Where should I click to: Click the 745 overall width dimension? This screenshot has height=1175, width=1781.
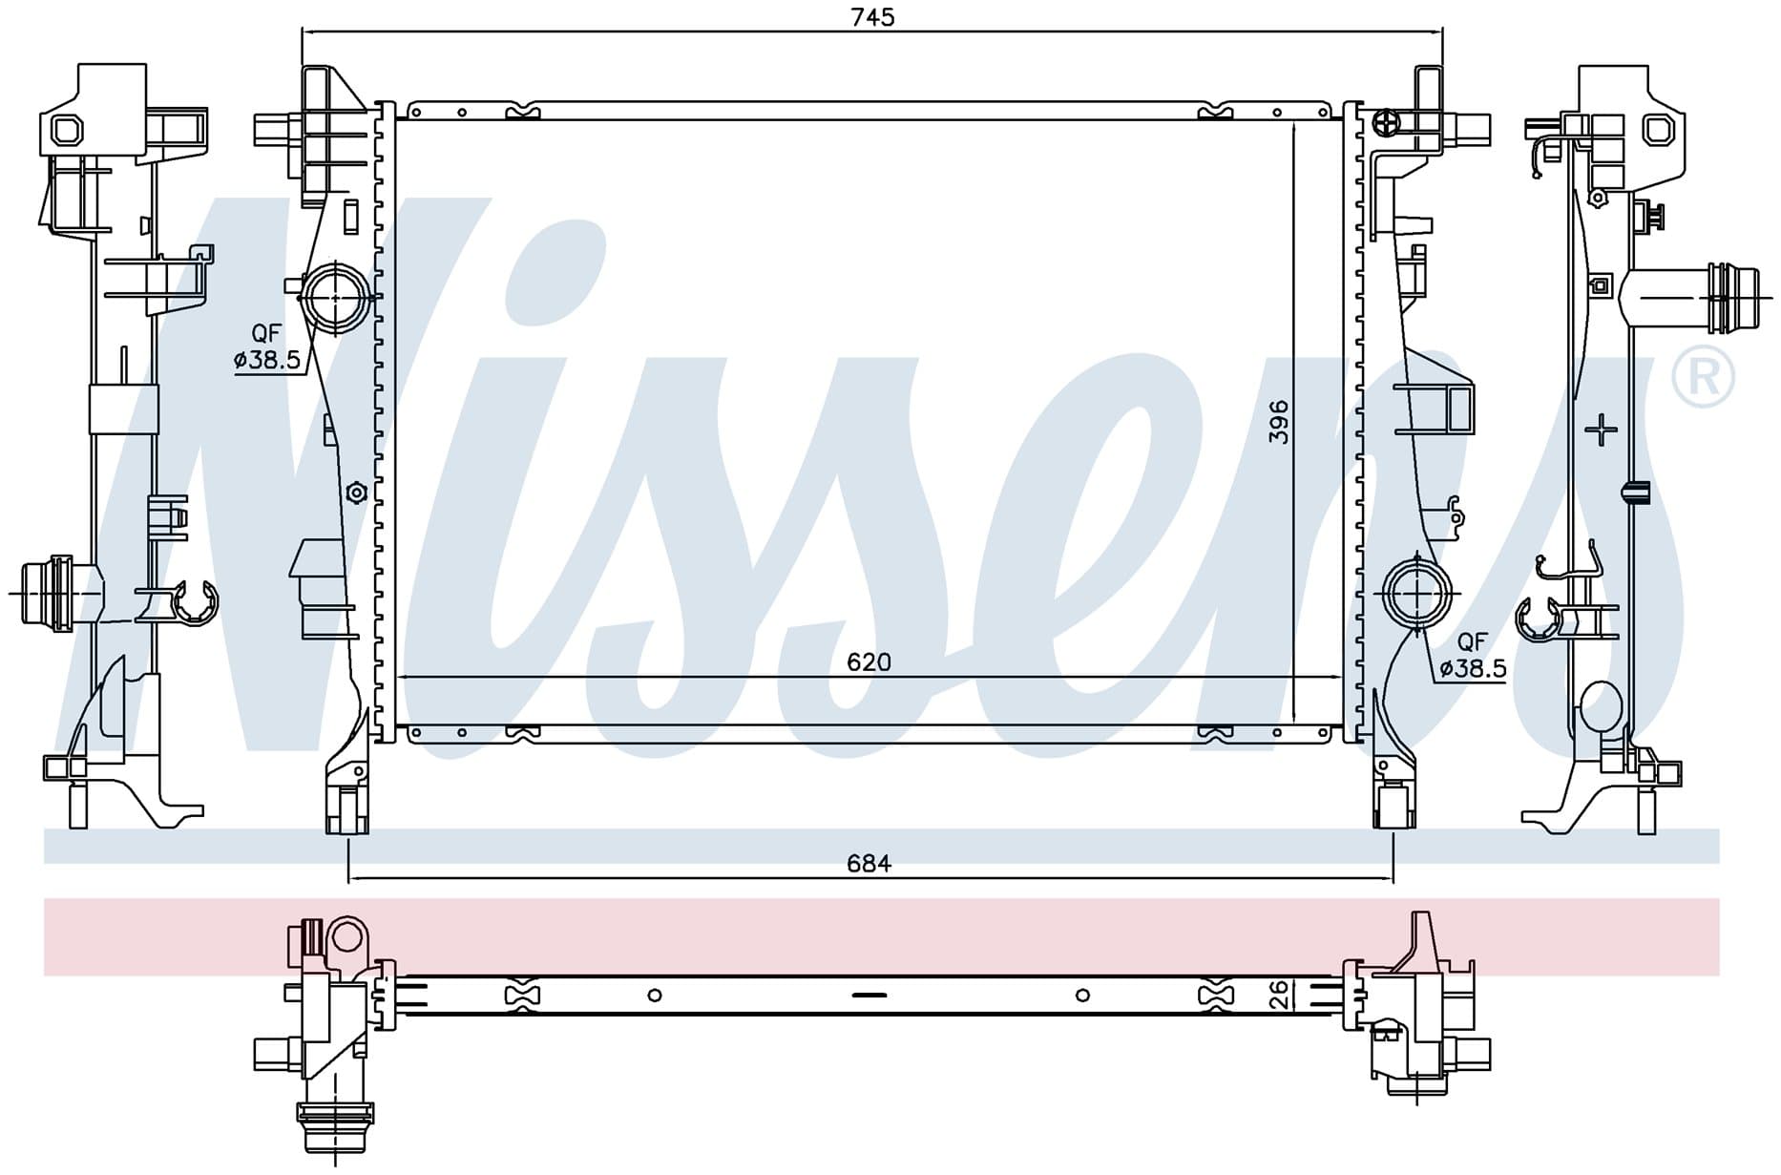click(x=873, y=17)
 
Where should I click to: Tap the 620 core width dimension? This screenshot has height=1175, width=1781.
click(x=869, y=661)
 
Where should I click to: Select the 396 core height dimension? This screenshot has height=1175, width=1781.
click(x=1279, y=422)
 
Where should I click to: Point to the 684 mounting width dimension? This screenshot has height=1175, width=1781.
click(x=869, y=863)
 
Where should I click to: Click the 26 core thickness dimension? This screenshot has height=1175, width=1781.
click(x=1279, y=995)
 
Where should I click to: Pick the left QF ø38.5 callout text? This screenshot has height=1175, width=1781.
click(x=267, y=346)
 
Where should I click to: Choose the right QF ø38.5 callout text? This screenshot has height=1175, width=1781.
click(x=1473, y=656)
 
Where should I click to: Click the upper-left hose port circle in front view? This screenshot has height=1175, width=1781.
click(x=336, y=297)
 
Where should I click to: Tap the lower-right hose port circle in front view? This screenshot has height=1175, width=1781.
click(x=1416, y=594)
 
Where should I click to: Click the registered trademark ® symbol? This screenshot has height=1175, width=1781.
click(x=1703, y=378)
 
